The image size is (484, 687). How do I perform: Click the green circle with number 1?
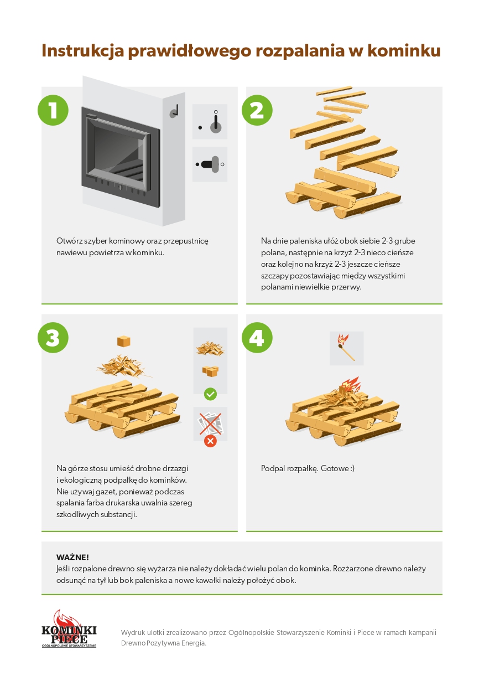[x=53, y=110]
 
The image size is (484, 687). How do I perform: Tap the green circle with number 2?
[x=257, y=110]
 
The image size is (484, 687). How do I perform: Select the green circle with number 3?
[x=53, y=338]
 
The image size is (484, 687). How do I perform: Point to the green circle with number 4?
[x=257, y=338]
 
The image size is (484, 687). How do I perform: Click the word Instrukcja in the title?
[x=83, y=50]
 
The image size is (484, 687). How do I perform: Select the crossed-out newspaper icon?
[x=210, y=423]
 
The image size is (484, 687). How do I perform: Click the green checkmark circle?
[x=210, y=394]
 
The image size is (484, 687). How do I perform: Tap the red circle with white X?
[x=210, y=441]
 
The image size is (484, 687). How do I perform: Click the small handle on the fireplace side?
[x=174, y=112]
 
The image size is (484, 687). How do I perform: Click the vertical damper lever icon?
[x=216, y=122]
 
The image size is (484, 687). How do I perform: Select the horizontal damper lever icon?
[x=210, y=164]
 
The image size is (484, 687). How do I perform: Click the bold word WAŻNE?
[x=72, y=557]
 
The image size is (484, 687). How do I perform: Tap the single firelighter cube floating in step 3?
[x=124, y=341]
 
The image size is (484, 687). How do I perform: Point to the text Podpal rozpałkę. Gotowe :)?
[x=308, y=468]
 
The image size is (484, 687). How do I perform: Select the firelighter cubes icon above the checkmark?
[x=210, y=371]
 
